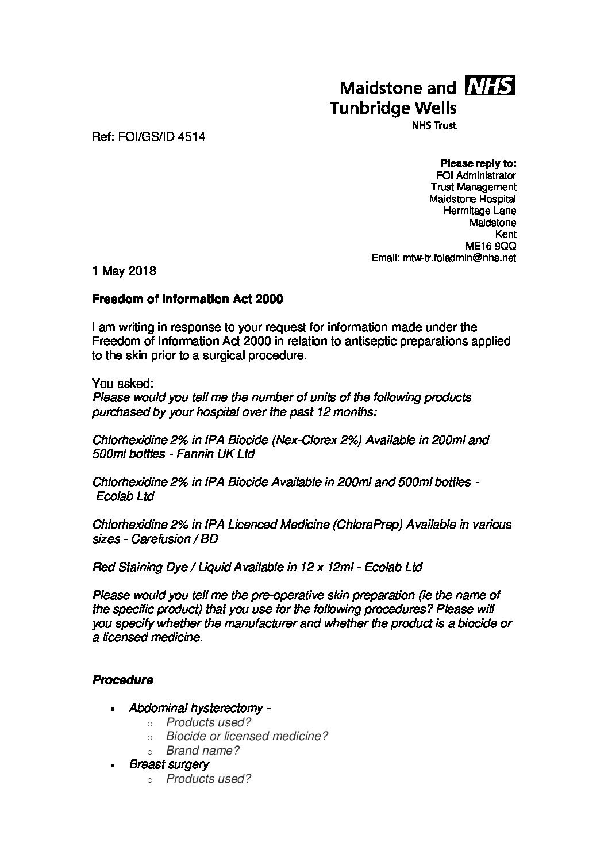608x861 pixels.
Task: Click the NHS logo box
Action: (492, 86)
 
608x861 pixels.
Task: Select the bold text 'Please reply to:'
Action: (478, 163)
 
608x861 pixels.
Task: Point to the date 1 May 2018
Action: (124, 271)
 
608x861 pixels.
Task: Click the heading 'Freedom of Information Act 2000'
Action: (187, 299)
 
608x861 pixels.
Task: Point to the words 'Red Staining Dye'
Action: (141, 567)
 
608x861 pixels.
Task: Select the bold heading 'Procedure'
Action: (122, 680)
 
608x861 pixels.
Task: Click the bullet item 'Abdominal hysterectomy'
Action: (196, 708)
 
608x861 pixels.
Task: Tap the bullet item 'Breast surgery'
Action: (169, 764)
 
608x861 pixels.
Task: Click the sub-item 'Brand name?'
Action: (202, 751)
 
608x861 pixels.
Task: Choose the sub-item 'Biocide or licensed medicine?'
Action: (247, 736)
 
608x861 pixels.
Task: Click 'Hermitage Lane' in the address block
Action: (479, 211)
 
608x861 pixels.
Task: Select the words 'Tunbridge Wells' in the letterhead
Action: (394, 108)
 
